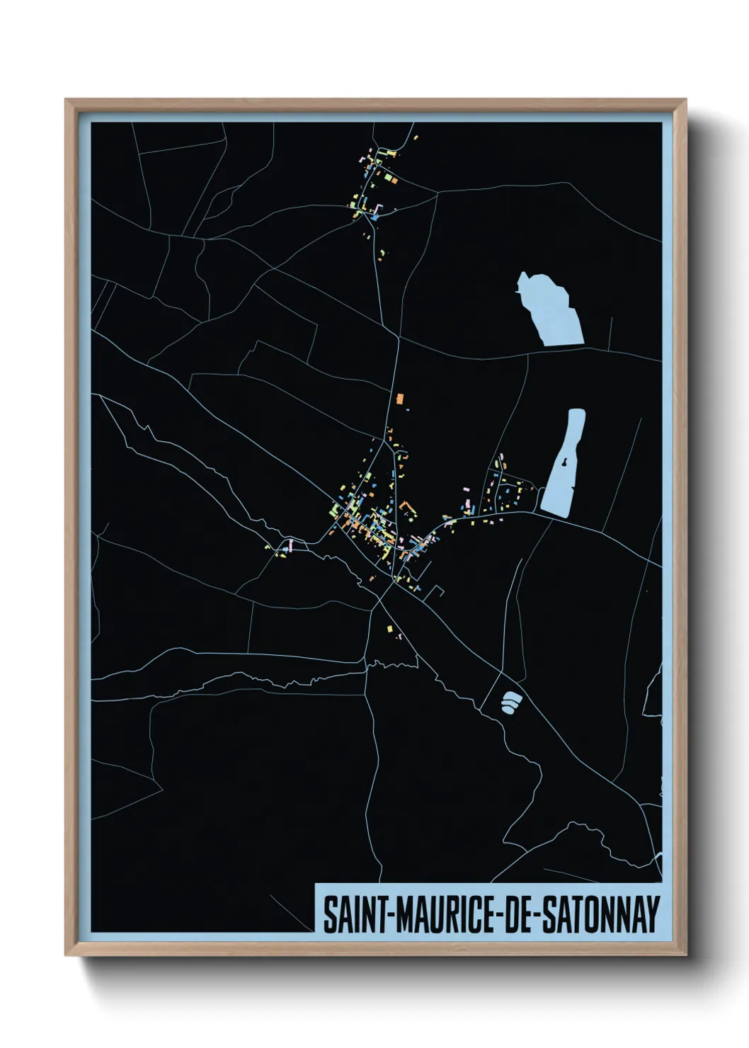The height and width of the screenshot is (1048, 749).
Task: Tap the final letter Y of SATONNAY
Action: click(653, 914)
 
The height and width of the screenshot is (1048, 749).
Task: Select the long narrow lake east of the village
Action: click(564, 464)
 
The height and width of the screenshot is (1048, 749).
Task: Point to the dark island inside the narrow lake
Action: click(565, 463)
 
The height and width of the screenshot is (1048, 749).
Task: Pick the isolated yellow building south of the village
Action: click(389, 627)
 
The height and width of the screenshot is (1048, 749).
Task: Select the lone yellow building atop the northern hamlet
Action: click(416, 137)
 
